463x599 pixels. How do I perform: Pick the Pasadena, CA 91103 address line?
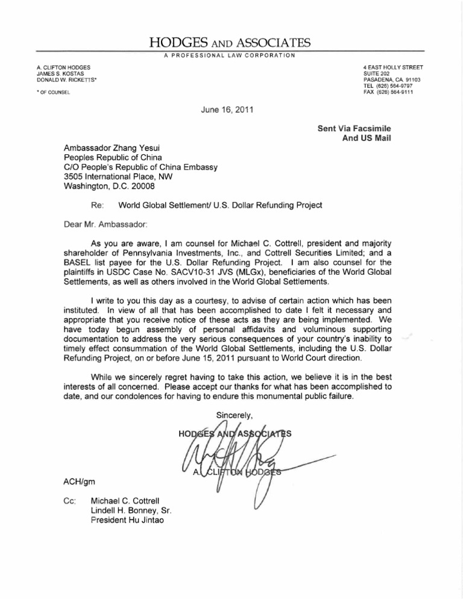(397, 79)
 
